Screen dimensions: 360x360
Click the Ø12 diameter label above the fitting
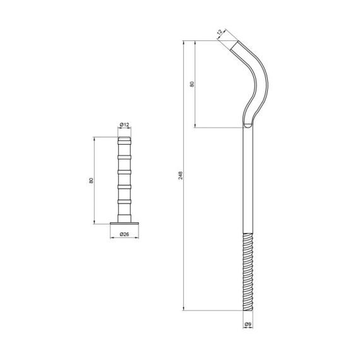tap(124, 125)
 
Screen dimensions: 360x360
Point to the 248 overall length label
tap(181, 176)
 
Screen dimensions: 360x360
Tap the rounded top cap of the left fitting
tap(124, 138)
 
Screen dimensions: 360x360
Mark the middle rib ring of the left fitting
tap(124, 171)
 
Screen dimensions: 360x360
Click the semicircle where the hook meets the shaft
tap(248, 124)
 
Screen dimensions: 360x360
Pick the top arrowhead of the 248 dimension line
tap(185, 43)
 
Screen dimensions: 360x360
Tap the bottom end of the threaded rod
tap(248, 309)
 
